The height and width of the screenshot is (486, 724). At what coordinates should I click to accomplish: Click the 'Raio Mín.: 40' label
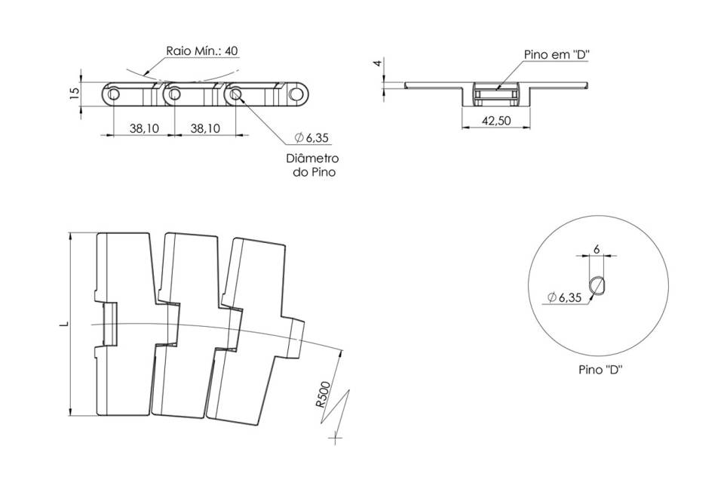tap(202, 51)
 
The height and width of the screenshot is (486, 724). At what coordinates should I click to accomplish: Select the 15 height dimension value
tap(74, 94)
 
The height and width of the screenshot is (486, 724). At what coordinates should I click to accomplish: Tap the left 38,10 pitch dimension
tap(144, 128)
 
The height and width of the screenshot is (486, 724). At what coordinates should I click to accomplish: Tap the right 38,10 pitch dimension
tap(205, 128)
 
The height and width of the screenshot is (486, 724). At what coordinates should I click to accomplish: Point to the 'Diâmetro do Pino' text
tap(312, 165)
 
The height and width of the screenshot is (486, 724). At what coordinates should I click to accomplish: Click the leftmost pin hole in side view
tap(114, 94)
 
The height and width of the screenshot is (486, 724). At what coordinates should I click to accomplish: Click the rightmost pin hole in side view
tap(295, 94)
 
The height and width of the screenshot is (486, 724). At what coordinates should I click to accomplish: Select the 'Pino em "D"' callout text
tap(557, 54)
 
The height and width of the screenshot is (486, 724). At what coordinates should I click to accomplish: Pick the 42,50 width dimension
tap(496, 121)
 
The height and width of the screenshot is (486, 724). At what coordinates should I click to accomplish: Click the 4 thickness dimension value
tap(378, 63)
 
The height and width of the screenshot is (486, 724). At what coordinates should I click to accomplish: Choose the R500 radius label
tap(324, 395)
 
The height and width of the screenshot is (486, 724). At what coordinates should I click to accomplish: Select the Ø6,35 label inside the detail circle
tap(564, 298)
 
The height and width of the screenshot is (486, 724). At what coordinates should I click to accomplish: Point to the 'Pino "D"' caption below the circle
tap(601, 370)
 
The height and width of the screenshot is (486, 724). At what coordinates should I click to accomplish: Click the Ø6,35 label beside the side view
tap(312, 137)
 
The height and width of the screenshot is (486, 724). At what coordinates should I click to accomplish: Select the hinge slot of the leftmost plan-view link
tap(109, 324)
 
